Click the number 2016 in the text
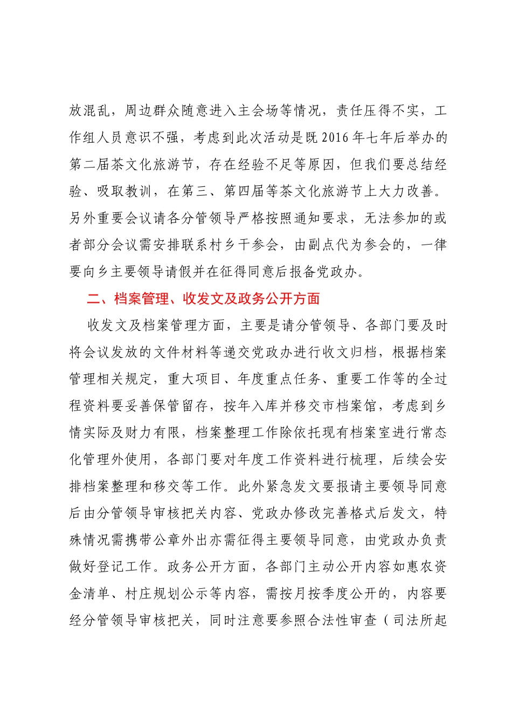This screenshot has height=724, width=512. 335,138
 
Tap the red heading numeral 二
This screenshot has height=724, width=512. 93,298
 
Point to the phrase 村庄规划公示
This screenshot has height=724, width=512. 167,594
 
